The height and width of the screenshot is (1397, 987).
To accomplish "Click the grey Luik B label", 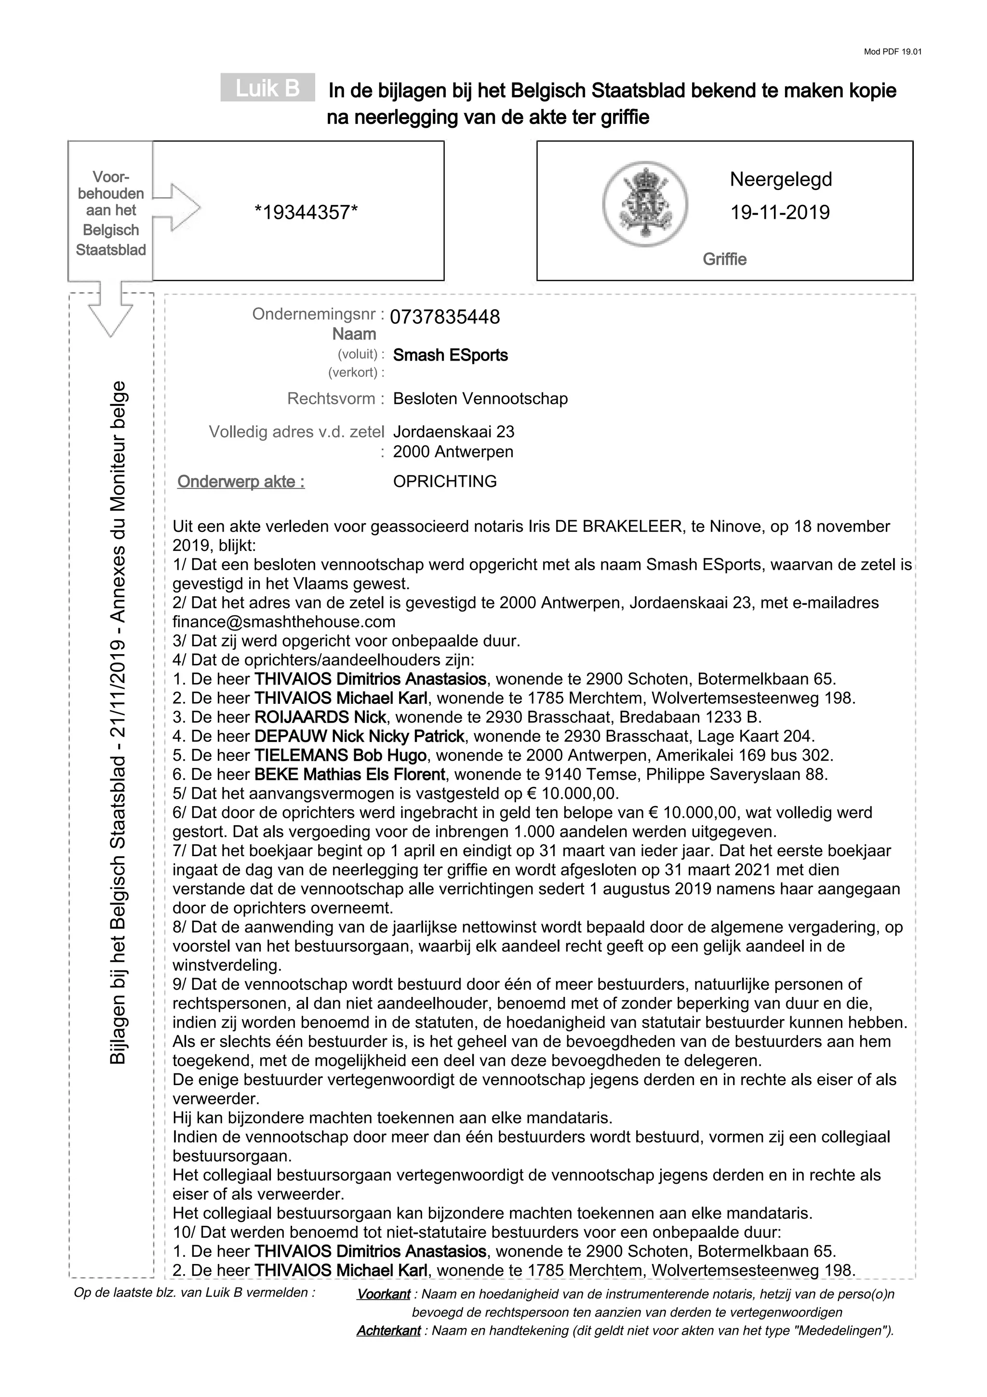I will tap(267, 88).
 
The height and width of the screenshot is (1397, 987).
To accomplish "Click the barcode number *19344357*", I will tap(306, 213).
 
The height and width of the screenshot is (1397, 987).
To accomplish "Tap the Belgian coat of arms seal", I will tap(645, 203).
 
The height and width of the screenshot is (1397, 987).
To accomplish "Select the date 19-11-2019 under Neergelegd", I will tap(780, 213).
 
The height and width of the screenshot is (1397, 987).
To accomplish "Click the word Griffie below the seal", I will tap(724, 259).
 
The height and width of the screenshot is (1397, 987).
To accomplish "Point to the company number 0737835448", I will tap(444, 317).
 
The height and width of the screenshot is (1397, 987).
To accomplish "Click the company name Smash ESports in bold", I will tap(450, 355).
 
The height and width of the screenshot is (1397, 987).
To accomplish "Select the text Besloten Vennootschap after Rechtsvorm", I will tap(480, 399).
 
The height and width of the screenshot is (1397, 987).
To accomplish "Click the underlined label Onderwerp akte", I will tap(241, 482).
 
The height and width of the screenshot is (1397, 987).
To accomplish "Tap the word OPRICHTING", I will tap(444, 481).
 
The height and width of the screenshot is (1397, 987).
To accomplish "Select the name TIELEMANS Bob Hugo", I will tap(340, 755).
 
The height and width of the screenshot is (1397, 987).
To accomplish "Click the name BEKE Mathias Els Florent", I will tap(350, 775).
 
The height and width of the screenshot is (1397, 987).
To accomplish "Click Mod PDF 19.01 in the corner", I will tap(892, 52).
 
